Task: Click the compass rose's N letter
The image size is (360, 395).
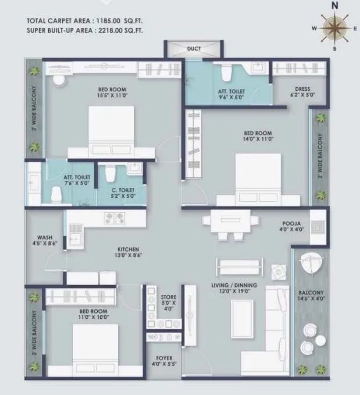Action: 334,5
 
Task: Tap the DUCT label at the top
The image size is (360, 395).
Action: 194,49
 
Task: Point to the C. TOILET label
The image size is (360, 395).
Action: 123,190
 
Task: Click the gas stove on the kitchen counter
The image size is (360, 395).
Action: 112,218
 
